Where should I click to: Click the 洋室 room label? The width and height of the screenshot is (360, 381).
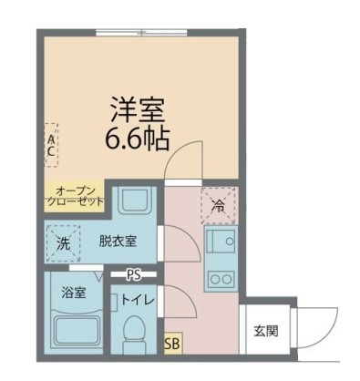point(138,112)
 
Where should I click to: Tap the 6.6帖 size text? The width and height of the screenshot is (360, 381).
point(138,140)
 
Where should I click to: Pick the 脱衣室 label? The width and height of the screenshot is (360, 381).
point(118,242)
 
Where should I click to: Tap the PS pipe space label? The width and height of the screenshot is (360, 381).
point(134,273)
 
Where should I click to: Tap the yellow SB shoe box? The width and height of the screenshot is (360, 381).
point(171,345)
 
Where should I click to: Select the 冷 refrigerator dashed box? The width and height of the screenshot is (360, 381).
point(219,203)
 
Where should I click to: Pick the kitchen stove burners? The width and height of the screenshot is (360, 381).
point(220,274)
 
